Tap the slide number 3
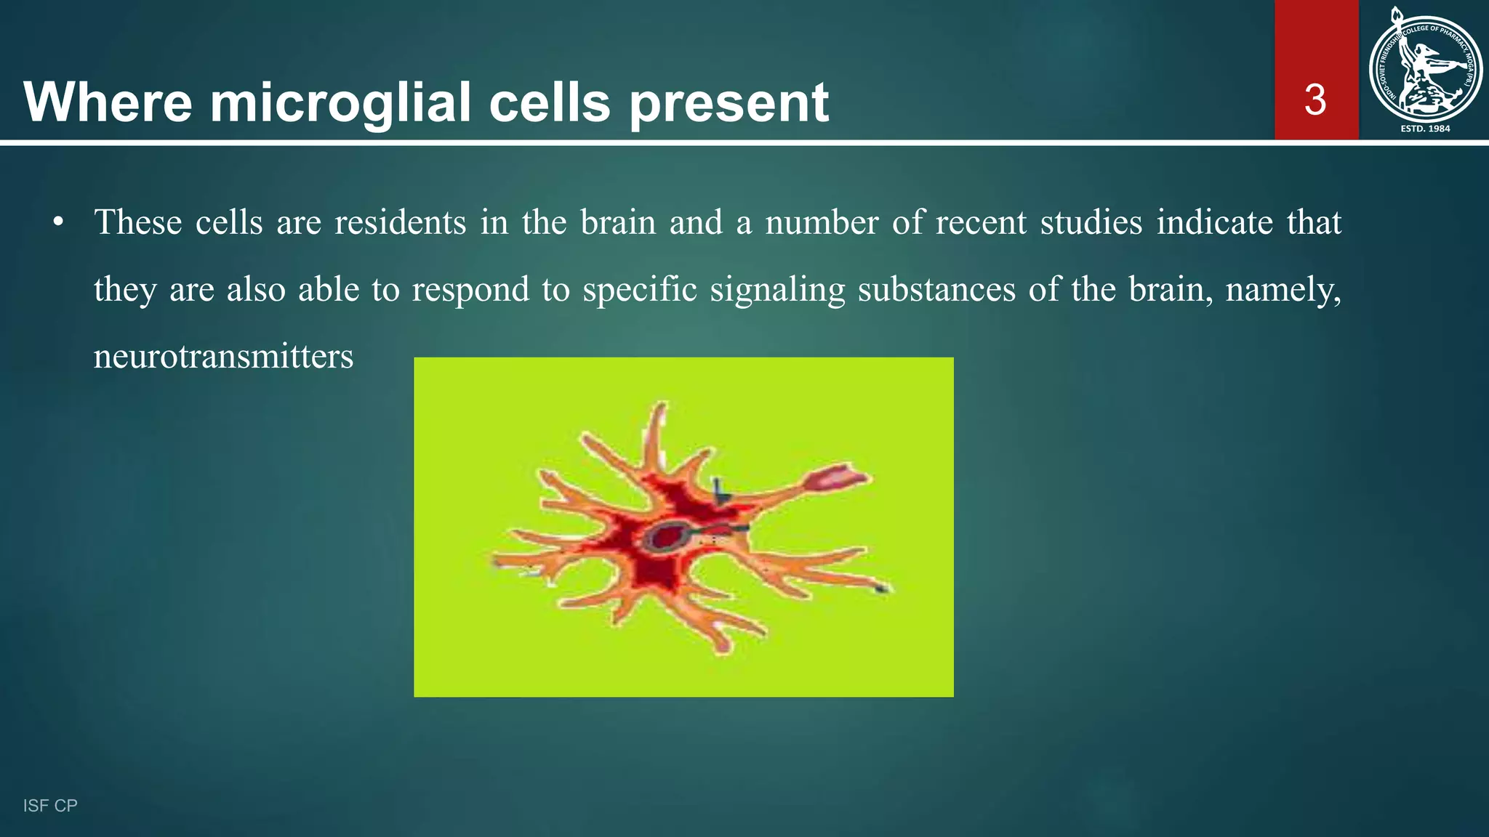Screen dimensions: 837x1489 tap(1315, 100)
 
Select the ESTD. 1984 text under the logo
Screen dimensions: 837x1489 tap(1425, 129)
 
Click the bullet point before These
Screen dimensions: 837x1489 tap(58, 222)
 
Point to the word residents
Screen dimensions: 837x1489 tap(400, 222)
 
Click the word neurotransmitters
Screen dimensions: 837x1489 tap(223, 357)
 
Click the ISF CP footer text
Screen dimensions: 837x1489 tap(50, 806)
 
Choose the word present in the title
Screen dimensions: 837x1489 tap(729, 102)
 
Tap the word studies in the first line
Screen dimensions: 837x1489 tap(1091, 222)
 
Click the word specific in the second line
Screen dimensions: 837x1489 tap(640, 290)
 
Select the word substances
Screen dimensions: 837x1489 tap(936, 290)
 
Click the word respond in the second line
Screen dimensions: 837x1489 tap(470, 290)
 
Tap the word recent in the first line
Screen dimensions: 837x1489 tap(980, 222)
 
